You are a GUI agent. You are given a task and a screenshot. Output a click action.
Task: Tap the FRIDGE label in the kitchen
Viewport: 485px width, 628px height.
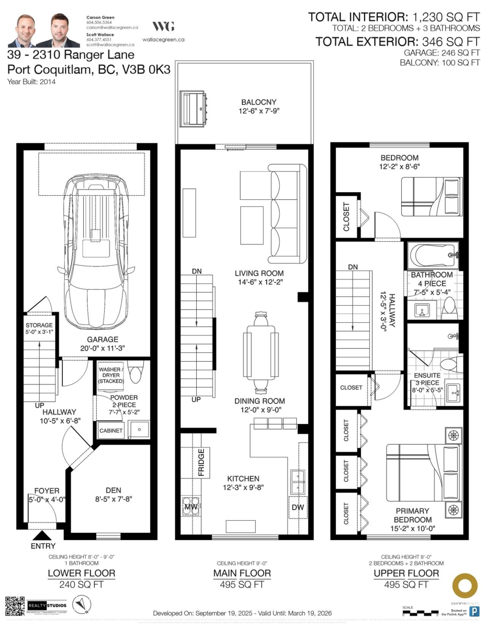coord(201,462)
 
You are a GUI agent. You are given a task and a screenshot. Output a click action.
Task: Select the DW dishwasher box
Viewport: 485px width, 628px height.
coord(297,507)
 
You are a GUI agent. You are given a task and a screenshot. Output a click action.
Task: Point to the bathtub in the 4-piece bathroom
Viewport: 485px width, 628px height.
coord(433,256)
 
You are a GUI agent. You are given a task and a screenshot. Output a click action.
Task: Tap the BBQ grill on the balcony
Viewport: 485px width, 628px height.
coord(194,108)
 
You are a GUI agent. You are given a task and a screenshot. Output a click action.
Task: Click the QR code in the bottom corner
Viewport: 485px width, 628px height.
coord(15,606)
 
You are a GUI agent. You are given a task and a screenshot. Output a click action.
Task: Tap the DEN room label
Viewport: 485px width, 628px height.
coord(113,490)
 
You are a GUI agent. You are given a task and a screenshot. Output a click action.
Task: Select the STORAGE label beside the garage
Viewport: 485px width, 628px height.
coord(39,326)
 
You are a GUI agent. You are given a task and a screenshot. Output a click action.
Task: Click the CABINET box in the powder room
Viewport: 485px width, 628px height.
coord(111,431)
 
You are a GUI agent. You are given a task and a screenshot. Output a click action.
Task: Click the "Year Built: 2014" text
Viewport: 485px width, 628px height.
coord(31,82)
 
